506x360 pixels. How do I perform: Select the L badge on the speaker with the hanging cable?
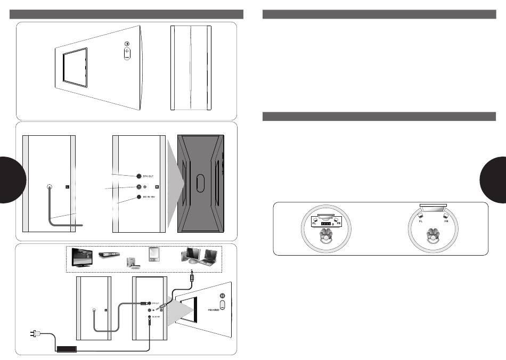click(x=67, y=186)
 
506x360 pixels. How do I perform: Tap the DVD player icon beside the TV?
click(x=110, y=256)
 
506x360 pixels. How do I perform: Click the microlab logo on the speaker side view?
click(x=213, y=308)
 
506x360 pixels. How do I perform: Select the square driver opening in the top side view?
click(x=75, y=66)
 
